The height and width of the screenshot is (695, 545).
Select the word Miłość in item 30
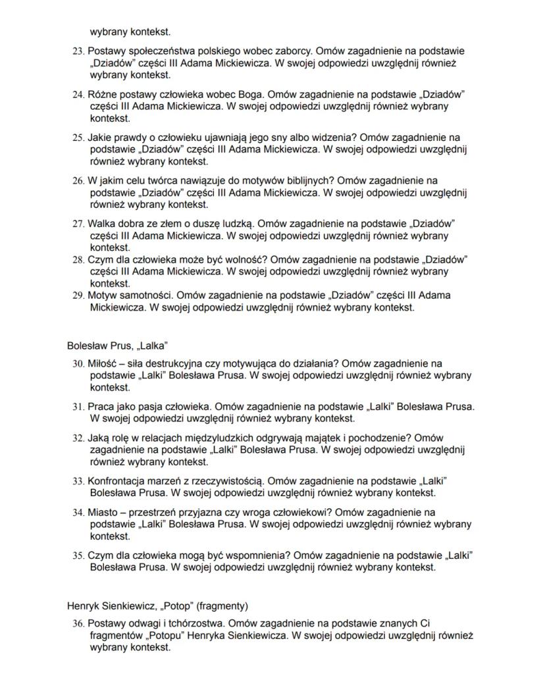[105, 363]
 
